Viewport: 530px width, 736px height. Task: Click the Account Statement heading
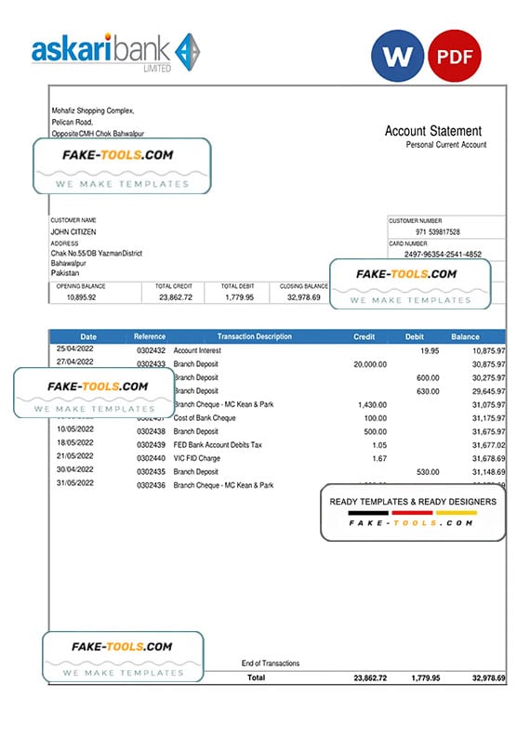pos(433,131)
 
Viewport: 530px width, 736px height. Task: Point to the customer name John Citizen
pos(73,231)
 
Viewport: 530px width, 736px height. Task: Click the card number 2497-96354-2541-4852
pos(443,254)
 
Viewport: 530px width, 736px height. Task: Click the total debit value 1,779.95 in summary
pos(240,297)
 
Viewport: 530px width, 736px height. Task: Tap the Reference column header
pos(150,336)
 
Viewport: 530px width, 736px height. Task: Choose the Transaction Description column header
pos(254,336)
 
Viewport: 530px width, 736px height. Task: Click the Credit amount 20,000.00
pos(370,364)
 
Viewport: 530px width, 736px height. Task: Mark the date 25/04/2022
pos(74,349)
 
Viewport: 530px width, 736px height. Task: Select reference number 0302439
pos(151,445)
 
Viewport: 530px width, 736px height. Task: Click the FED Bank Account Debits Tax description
pos(218,445)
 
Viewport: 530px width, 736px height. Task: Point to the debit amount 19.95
pos(429,350)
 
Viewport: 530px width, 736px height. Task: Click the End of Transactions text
pos(270,663)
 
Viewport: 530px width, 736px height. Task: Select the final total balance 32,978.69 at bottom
pos(488,678)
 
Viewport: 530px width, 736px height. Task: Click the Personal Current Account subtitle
pos(446,145)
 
